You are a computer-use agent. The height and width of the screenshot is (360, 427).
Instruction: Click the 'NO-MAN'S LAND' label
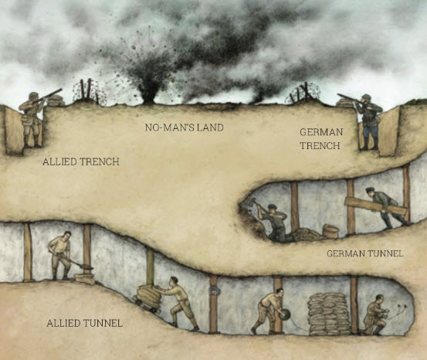click(x=184, y=127)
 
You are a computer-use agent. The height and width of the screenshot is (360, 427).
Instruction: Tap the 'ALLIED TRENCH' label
click(x=76, y=161)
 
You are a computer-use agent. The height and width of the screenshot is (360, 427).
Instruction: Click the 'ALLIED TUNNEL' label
click(x=84, y=322)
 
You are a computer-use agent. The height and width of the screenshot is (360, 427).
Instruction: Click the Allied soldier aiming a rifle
click(x=32, y=117)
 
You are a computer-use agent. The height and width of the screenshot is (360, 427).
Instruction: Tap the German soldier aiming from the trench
click(x=368, y=120)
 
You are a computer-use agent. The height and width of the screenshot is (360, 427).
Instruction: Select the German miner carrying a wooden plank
click(x=384, y=208)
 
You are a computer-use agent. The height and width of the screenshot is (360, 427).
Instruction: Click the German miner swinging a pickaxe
click(x=273, y=220)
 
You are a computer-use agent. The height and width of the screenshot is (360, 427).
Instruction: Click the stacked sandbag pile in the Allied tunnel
click(x=329, y=312)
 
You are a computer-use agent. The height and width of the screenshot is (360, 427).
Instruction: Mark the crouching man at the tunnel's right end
click(x=376, y=315)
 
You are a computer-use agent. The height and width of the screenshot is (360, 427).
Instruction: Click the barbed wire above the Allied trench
click(x=87, y=92)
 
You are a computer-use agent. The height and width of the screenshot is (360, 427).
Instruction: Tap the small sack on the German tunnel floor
click(x=330, y=231)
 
